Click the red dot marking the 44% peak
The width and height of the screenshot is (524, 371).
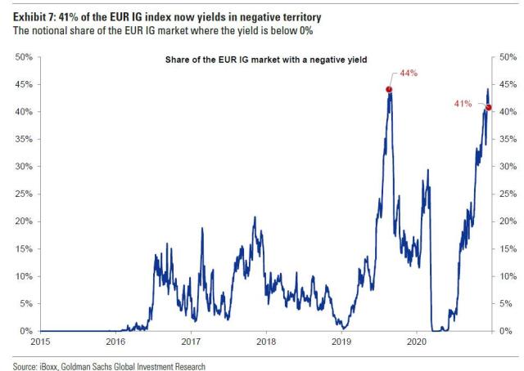pos(389,89)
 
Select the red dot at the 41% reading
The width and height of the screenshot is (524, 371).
pos(489,107)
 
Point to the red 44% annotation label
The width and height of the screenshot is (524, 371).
pos(409,73)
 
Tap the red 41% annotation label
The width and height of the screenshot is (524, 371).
pos(463,104)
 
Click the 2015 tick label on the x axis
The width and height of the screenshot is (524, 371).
pos(40,342)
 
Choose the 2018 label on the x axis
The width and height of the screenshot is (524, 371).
pos(266,342)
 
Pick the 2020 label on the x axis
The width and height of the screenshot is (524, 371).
pos(417,342)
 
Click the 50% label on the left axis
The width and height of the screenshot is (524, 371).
pos(24,57)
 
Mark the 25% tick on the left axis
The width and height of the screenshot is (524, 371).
pos(24,194)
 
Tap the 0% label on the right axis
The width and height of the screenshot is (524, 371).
pos(506,331)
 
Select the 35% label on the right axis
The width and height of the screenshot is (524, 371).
pos(508,139)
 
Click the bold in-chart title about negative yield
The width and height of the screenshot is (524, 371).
pos(266,60)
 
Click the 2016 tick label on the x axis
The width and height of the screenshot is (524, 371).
pos(115,342)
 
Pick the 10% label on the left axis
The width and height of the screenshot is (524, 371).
pos(24,276)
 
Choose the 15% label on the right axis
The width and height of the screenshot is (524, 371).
pos(508,249)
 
